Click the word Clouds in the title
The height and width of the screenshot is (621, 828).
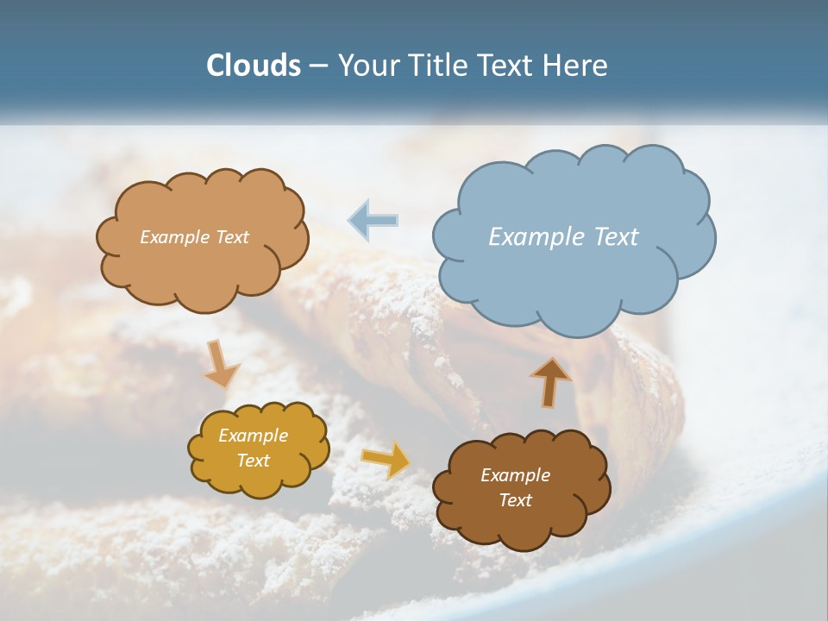[x=254, y=66]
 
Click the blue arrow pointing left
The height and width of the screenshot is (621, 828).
[x=373, y=220]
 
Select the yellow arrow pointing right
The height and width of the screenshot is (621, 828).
[x=386, y=459]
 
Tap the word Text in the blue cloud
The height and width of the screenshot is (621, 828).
[x=616, y=237]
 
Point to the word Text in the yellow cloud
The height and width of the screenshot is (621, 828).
[x=254, y=461]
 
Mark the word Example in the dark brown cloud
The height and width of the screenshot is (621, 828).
[x=515, y=475]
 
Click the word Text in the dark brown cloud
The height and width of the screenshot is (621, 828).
[x=515, y=500]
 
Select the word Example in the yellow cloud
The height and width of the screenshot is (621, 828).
[x=254, y=436]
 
